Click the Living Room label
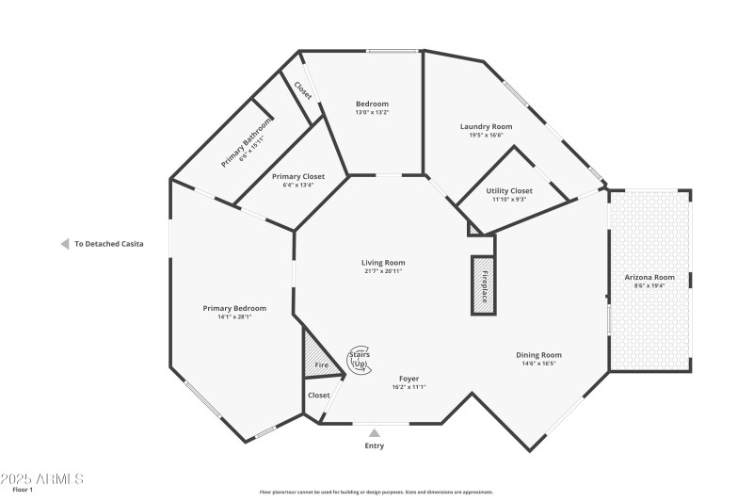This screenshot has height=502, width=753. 383,263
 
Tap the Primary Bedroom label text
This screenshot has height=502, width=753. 234,308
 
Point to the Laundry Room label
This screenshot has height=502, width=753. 486,126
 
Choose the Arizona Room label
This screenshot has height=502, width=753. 649,277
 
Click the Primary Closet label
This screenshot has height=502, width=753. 297,176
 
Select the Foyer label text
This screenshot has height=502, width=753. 409,378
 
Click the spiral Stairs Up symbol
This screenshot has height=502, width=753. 359,359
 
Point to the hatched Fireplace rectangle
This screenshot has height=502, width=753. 484,283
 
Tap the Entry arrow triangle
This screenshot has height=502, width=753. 375,433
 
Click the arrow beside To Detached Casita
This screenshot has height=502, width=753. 64,244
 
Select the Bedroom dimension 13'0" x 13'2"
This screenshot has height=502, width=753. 371,112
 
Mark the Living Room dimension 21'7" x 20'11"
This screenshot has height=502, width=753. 383,271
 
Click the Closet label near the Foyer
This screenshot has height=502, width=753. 319,396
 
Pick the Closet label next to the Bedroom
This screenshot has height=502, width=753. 302,89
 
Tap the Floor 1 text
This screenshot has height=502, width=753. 22,491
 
